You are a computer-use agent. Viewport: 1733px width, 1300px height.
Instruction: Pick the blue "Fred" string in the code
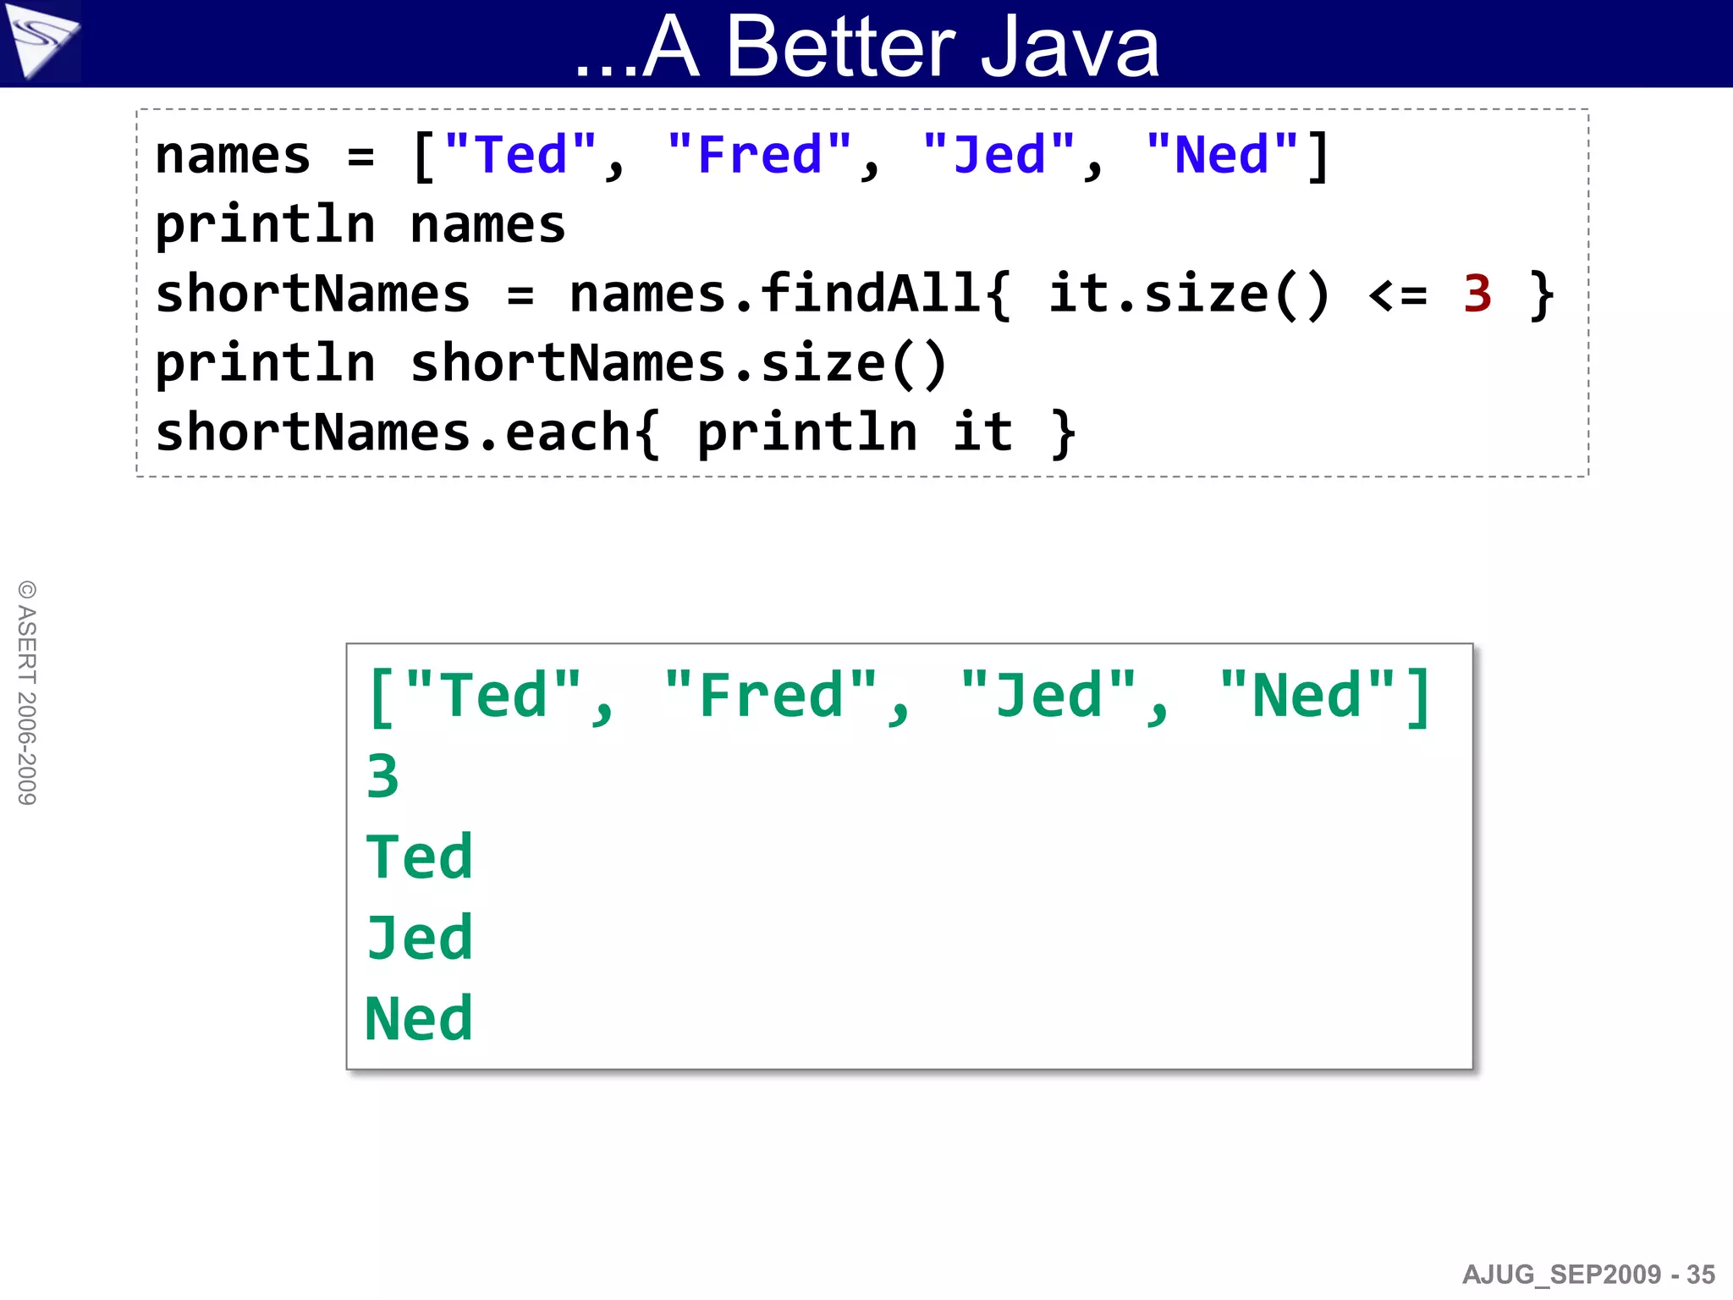(759, 156)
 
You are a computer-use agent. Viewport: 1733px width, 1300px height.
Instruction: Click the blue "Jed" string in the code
(999, 156)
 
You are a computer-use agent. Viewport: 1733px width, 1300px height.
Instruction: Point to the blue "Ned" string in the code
(1222, 156)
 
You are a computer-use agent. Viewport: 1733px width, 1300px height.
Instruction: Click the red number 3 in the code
(1477, 295)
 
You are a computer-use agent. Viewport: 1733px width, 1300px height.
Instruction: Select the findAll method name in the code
(872, 295)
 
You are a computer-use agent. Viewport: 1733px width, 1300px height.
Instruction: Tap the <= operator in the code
(1397, 295)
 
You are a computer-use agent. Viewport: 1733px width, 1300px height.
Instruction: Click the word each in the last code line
(568, 432)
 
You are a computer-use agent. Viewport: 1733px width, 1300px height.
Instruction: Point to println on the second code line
(265, 225)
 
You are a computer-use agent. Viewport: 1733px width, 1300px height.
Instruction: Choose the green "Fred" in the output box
(771, 697)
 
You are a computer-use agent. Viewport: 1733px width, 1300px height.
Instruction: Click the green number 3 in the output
(382, 776)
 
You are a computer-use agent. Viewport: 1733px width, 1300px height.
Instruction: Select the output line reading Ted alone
(419, 857)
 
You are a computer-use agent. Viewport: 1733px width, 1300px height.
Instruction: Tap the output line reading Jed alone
(419, 938)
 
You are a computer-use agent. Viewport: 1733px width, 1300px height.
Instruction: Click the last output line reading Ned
(419, 1018)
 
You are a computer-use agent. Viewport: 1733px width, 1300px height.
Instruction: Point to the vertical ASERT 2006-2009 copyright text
(27, 692)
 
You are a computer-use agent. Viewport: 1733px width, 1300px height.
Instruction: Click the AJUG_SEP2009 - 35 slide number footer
(1587, 1275)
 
